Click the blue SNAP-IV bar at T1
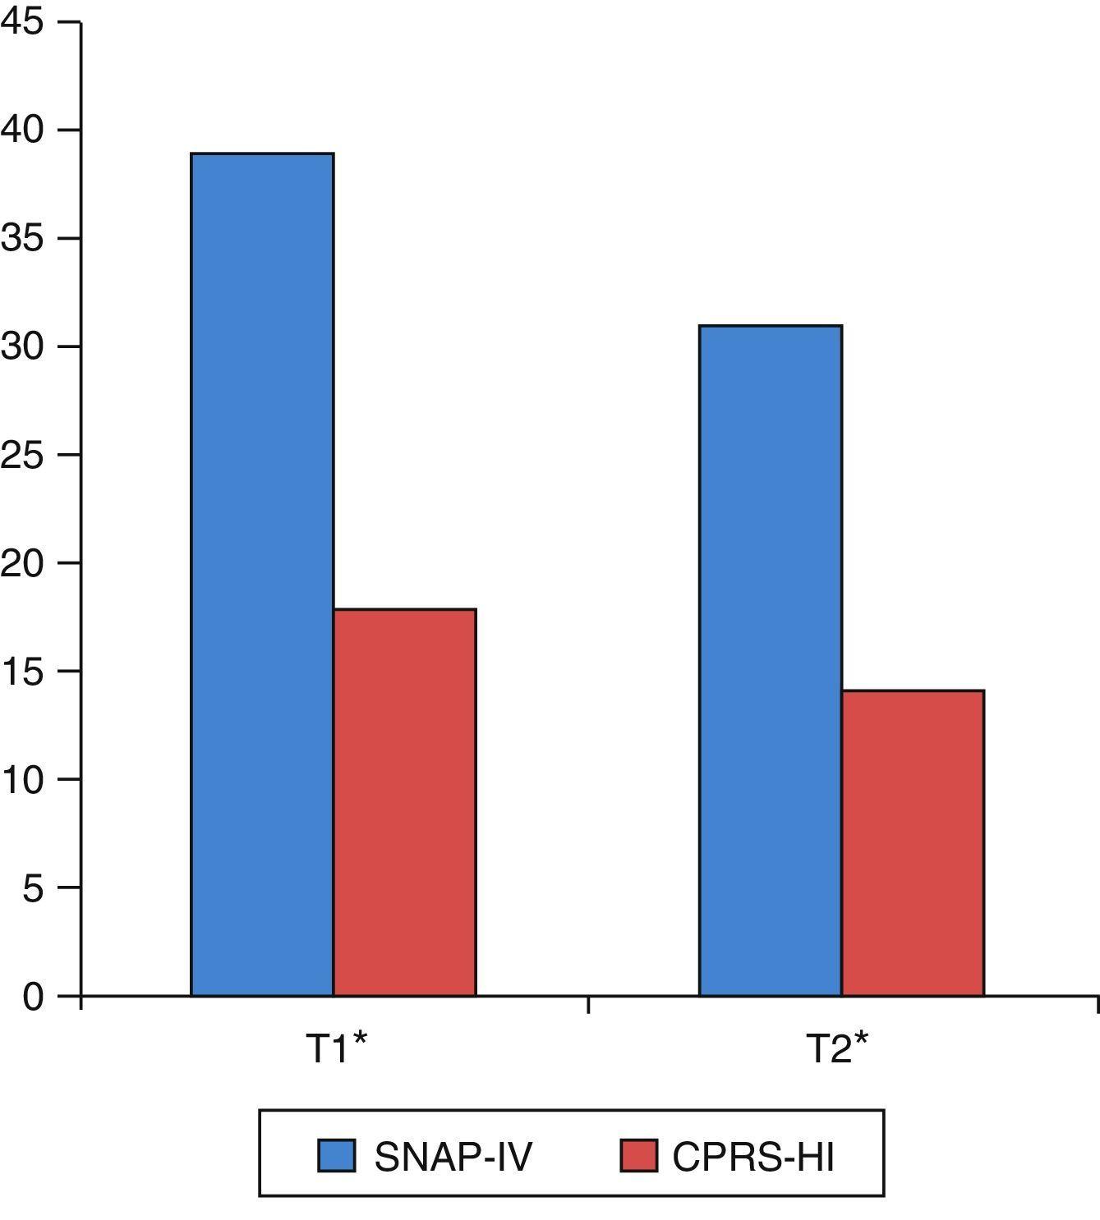pos(262,575)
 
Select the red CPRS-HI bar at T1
pos(404,802)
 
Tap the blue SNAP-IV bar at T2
pos(771,661)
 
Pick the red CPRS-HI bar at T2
pos(913,843)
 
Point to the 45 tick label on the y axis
pos(22,22)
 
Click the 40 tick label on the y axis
pos(22,131)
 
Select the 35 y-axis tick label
pos(22,239)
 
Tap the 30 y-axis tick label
pos(22,346)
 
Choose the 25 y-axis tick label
pos(22,455)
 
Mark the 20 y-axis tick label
pos(22,563)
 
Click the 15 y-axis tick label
pos(22,672)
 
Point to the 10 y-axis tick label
pos(22,779)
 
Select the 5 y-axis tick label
pos(33,887)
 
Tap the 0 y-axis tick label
pos(33,997)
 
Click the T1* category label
pos(336,1048)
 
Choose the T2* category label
pos(836,1048)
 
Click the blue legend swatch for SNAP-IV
pos(337,1155)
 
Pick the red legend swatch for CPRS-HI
pos(638,1155)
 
